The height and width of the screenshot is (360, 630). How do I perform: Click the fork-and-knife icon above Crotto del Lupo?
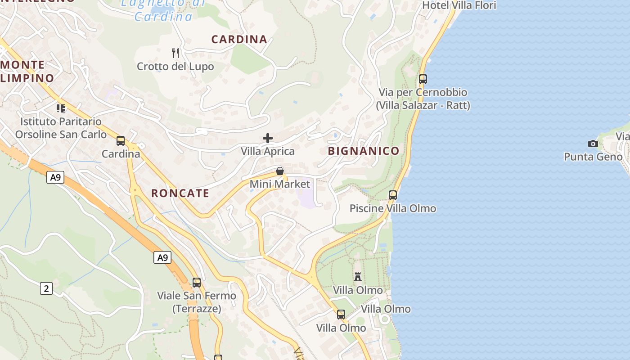click(x=175, y=53)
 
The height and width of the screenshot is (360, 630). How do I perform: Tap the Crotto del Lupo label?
click(x=175, y=67)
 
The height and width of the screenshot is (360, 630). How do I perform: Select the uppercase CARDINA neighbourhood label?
click(x=239, y=40)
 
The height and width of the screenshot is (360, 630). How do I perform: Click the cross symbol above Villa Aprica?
click(x=268, y=138)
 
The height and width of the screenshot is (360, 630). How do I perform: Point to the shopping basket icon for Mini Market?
click(x=280, y=171)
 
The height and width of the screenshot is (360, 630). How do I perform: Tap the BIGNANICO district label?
click(x=364, y=151)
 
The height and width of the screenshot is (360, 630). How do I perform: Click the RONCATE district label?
click(x=180, y=193)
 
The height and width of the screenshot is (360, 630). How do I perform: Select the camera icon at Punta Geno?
click(x=593, y=144)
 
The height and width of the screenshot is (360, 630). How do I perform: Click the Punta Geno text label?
click(x=593, y=157)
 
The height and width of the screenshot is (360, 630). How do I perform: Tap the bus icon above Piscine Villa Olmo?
click(x=393, y=195)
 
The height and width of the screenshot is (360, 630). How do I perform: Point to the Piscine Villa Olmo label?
click(x=393, y=208)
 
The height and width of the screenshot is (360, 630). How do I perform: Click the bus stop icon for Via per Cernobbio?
click(x=423, y=79)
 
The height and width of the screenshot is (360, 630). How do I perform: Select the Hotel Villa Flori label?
click(x=459, y=5)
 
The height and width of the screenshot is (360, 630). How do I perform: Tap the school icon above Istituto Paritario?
click(x=61, y=108)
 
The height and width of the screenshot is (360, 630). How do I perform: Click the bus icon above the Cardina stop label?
click(x=121, y=141)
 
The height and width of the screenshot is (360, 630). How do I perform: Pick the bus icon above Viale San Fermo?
click(x=197, y=283)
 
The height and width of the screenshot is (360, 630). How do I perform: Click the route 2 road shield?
click(x=46, y=288)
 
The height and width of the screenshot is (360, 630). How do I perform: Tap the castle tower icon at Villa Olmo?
click(x=358, y=277)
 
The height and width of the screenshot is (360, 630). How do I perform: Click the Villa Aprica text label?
click(x=268, y=151)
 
